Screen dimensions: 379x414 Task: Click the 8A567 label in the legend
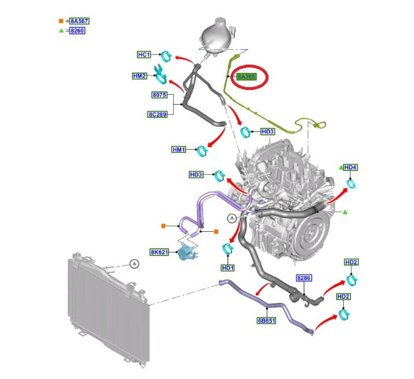[x=79, y=21]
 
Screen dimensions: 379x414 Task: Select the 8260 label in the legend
[x=77, y=31]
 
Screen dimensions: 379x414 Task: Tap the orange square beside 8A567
[x=61, y=21]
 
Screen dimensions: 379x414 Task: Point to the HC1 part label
[x=144, y=55]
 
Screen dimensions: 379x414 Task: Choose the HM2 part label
[x=140, y=76]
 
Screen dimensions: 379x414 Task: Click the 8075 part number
[x=159, y=95]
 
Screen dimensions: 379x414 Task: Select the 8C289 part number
[x=156, y=114]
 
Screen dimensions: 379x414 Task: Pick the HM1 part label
[x=180, y=149]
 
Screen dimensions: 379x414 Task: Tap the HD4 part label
[x=350, y=167]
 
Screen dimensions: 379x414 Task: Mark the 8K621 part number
[x=159, y=252]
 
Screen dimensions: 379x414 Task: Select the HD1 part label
[x=227, y=268]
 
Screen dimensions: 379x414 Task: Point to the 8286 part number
[x=304, y=277]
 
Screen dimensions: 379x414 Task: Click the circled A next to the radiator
[x=134, y=264]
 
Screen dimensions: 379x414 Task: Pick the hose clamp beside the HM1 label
[x=202, y=151]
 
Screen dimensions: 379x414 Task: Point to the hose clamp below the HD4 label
[x=350, y=185]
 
